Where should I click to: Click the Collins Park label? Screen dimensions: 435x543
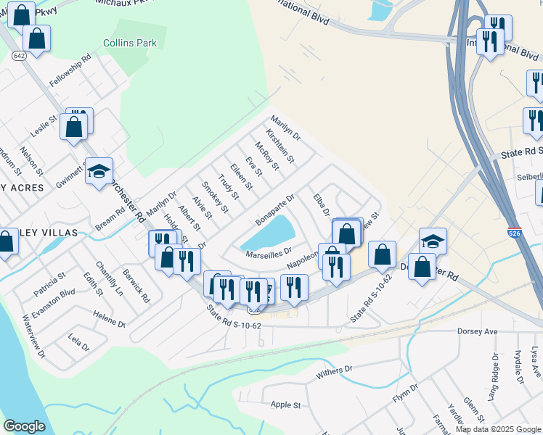130,43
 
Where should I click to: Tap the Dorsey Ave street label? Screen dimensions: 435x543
477,331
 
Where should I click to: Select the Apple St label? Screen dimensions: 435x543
285,405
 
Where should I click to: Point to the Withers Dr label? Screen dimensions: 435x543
334,373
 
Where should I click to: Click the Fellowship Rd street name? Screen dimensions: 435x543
70,70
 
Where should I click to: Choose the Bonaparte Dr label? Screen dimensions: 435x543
275,209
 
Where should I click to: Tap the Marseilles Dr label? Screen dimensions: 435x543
269,254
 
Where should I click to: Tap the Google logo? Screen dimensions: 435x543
24,426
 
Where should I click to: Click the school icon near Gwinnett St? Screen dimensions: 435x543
99,171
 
